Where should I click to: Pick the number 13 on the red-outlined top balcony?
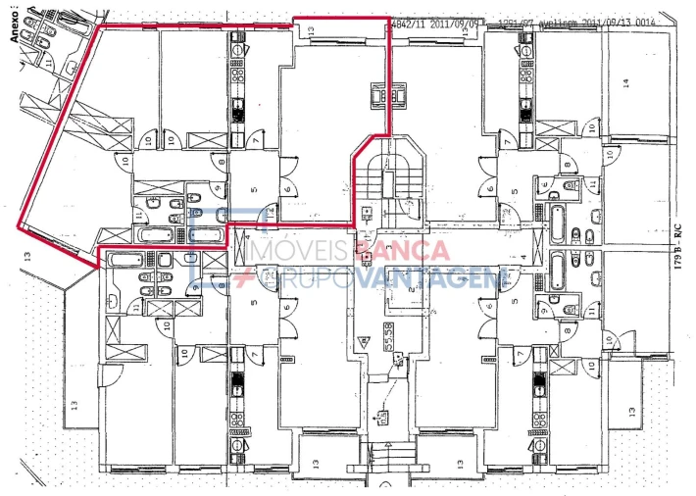tap(310, 32)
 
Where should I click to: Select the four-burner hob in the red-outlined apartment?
tap(239, 69)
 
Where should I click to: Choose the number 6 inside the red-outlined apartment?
tap(287, 191)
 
